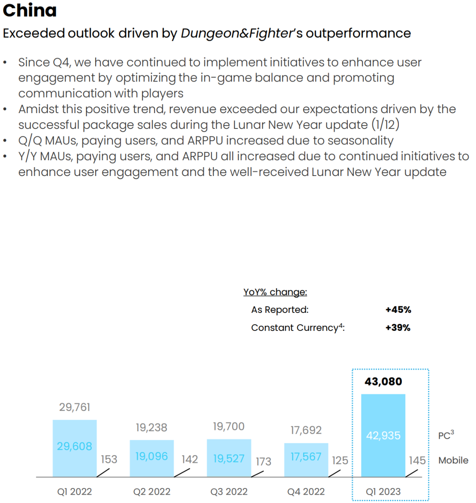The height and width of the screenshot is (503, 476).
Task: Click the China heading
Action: tap(30, 11)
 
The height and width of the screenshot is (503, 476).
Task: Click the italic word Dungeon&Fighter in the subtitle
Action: tap(237, 33)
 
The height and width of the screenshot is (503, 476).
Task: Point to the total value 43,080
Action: tap(383, 382)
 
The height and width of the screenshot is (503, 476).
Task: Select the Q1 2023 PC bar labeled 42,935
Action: tap(383, 435)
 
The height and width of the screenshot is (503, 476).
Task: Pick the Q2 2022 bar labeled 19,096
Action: tap(152, 458)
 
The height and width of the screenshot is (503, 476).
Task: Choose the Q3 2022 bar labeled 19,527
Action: tap(229, 458)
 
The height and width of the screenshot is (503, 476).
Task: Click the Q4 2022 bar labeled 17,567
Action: tap(306, 459)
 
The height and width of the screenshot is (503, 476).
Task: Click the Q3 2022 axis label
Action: tap(229, 492)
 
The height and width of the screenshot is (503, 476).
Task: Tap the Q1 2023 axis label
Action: tap(383, 492)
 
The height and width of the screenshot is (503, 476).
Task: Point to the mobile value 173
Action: tap(263, 461)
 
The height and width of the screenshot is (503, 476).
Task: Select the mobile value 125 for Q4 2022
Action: tap(340, 461)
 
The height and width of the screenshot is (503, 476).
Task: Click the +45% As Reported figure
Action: tap(398, 310)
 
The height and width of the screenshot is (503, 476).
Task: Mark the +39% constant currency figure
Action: tap(398, 328)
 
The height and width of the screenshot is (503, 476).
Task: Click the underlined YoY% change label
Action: tap(275, 292)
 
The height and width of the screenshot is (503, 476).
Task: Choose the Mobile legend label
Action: tap(453, 460)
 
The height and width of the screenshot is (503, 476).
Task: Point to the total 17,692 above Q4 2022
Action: tap(306, 430)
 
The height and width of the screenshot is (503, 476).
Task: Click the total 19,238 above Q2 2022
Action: tap(152, 427)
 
